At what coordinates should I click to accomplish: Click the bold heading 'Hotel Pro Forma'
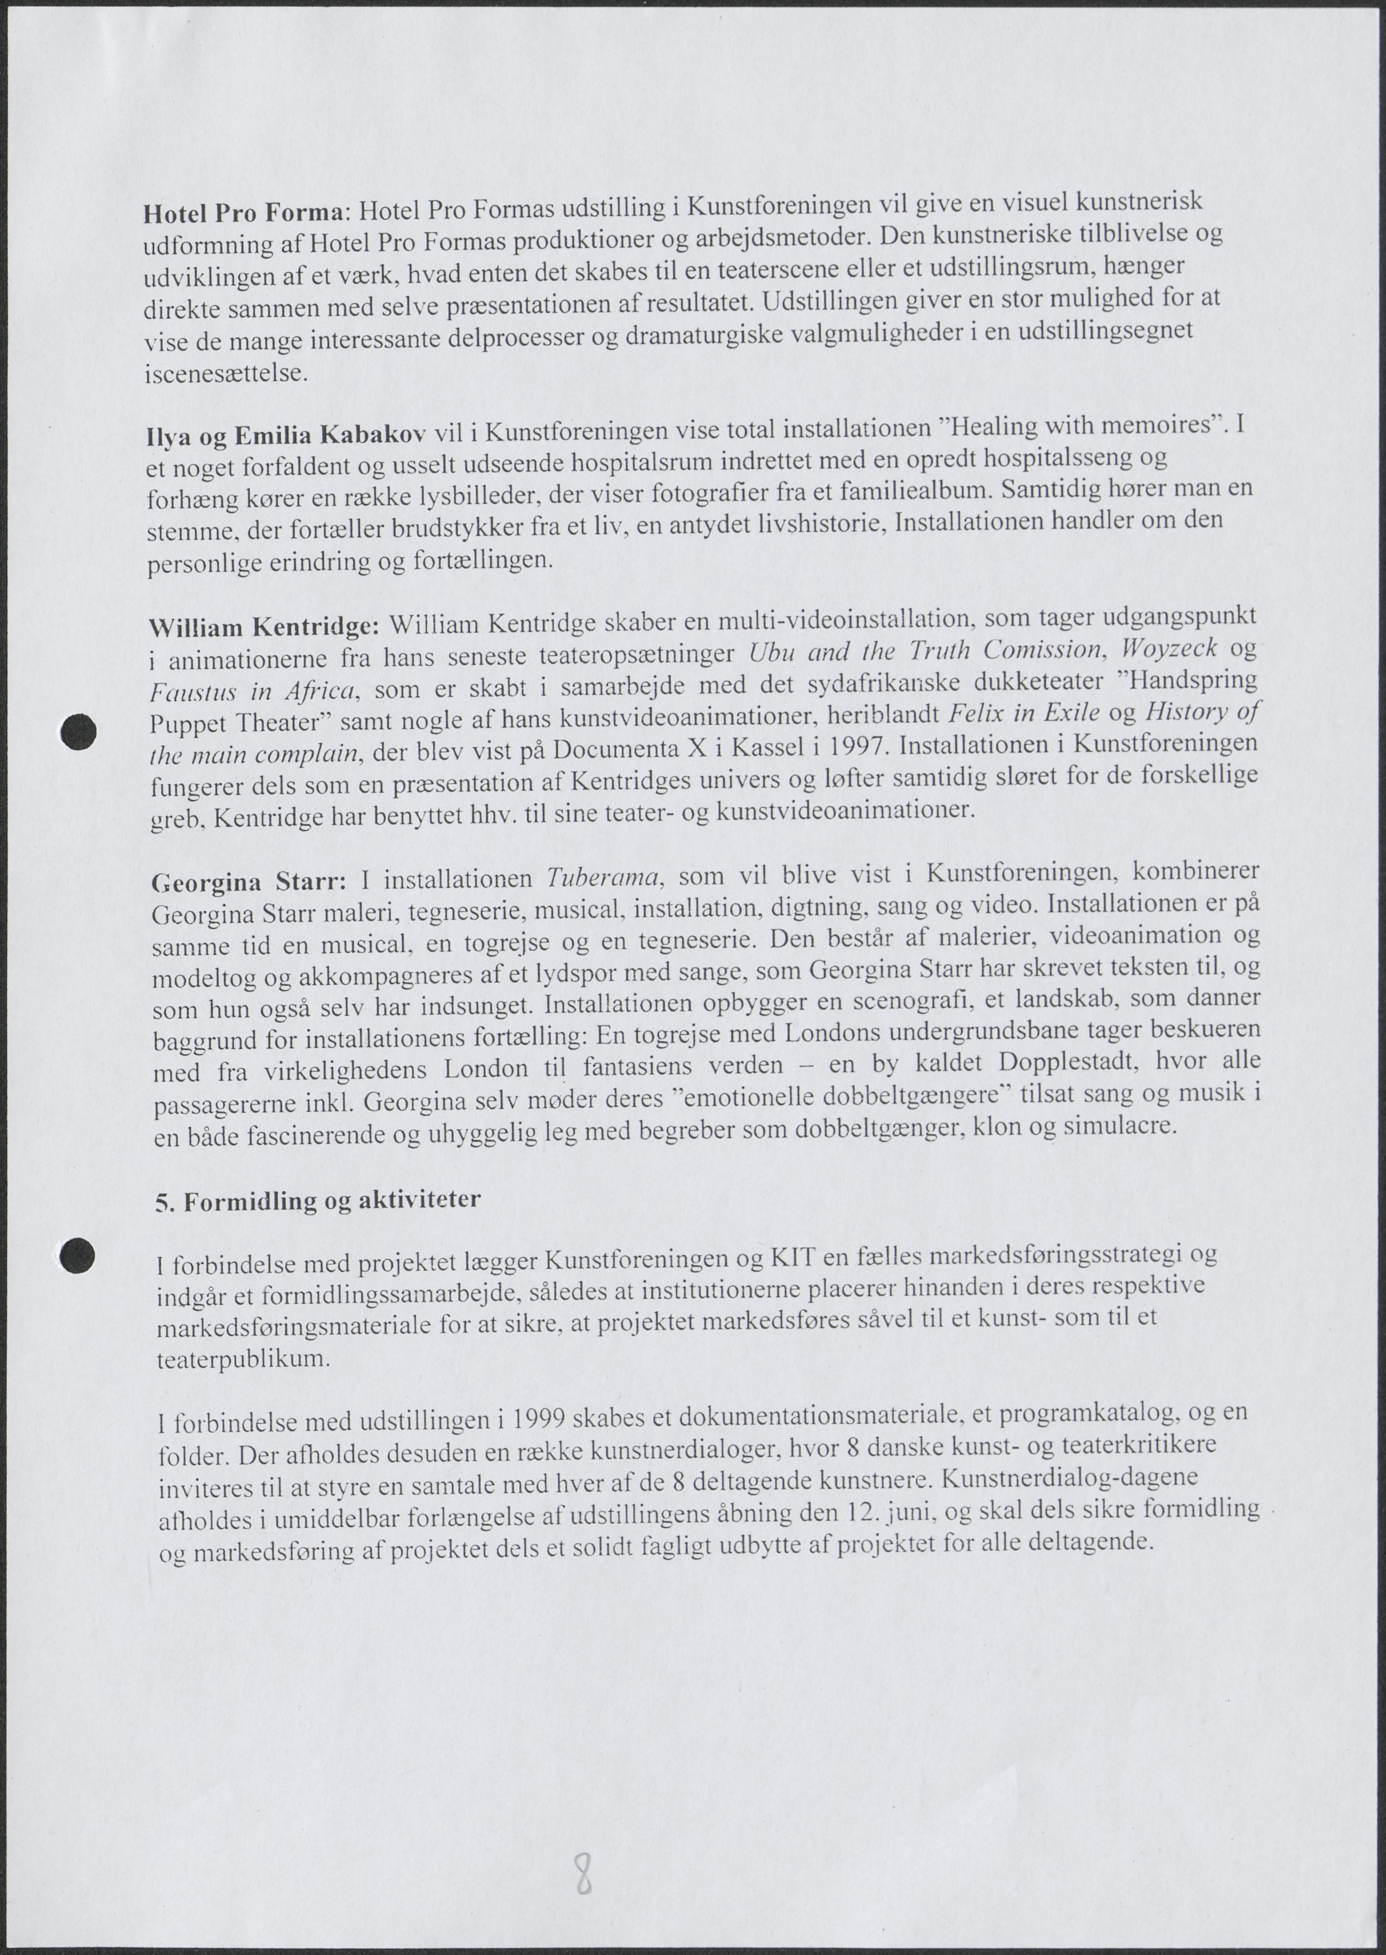[x=243, y=213]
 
